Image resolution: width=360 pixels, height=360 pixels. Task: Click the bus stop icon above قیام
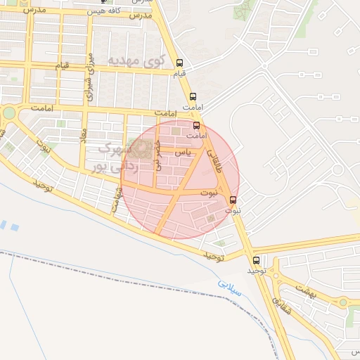[179, 62]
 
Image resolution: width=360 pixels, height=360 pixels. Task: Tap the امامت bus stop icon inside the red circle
[195, 124]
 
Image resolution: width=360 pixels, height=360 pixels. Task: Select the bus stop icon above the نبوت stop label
[233, 200]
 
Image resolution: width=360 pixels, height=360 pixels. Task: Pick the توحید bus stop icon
[256, 259]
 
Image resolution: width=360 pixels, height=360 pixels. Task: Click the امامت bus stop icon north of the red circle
[193, 96]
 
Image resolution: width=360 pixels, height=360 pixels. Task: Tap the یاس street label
[182, 152]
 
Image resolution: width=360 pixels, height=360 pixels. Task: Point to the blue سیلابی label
[229, 289]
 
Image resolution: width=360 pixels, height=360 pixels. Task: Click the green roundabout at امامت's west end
[8, 112]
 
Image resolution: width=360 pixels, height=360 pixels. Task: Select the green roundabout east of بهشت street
[342, 302]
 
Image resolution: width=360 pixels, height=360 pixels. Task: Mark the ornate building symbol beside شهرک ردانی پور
[143, 148]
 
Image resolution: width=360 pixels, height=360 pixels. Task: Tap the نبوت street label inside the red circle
[209, 192]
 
